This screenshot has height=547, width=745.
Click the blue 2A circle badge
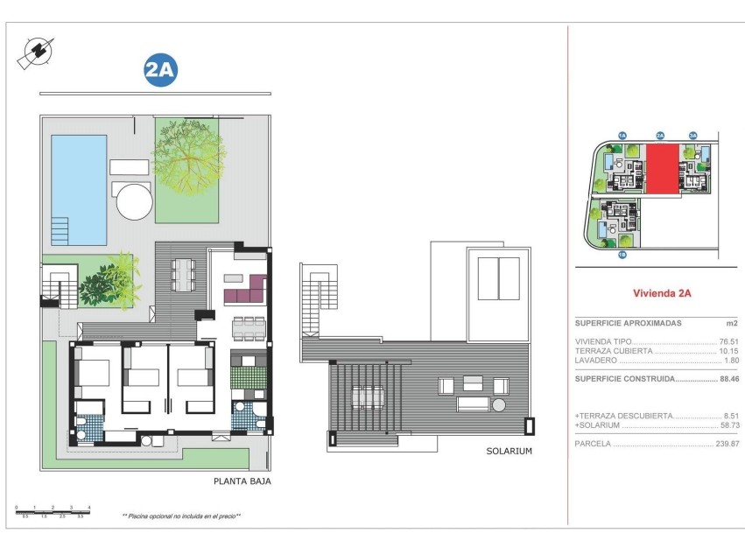click(159, 71)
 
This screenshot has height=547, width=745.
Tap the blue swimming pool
click(78, 188)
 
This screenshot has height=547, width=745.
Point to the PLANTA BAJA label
click(242, 480)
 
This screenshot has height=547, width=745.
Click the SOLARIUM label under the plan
click(510, 452)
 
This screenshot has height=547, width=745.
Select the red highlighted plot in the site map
click(662, 169)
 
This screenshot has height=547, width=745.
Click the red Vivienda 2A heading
click(662, 294)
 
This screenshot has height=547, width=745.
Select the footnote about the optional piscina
click(181, 516)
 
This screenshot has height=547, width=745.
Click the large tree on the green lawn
click(188, 158)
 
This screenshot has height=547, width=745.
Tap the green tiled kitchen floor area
click(246, 377)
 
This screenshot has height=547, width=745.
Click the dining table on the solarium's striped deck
click(368, 396)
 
